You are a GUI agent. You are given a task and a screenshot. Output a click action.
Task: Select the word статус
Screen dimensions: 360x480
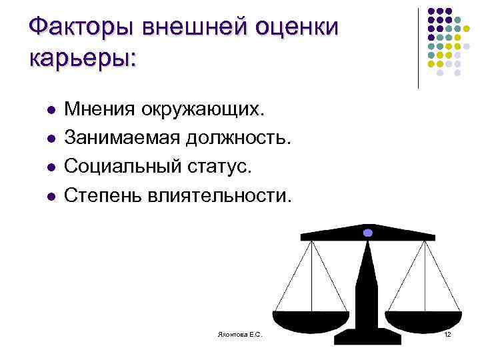click(x=219, y=167)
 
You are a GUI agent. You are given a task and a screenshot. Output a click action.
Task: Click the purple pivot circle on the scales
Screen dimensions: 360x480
click(x=367, y=233)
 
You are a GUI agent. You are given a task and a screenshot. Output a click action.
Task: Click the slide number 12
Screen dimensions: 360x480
click(x=448, y=333)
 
